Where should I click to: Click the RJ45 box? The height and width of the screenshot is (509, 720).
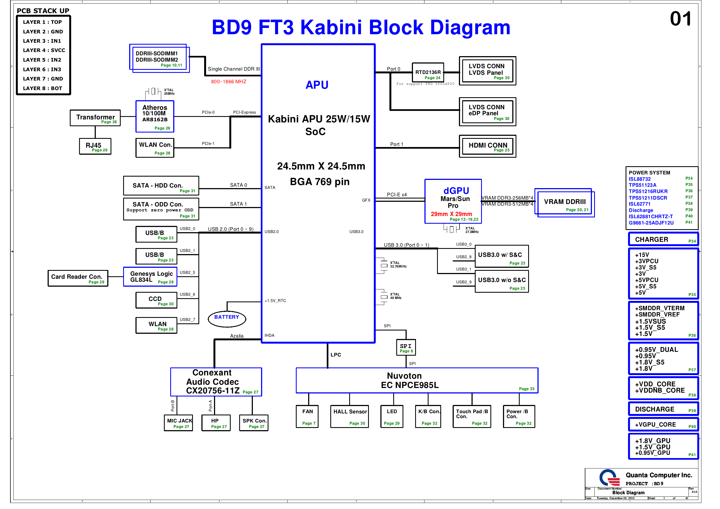[x=95, y=146]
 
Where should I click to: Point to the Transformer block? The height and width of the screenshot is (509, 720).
[x=95, y=118]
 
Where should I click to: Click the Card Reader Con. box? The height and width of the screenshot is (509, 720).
[x=78, y=278]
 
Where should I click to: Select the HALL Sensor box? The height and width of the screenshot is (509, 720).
[x=349, y=416]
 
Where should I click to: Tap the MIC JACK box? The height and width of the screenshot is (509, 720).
[x=178, y=423]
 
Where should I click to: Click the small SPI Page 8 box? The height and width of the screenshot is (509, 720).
[x=406, y=347]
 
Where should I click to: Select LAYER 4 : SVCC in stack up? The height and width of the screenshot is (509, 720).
[x=44, y=50]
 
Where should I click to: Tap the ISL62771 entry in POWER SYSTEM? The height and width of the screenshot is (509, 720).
[x=640, y=204]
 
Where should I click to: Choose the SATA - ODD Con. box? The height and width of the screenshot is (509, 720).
[x=161, y=209]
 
